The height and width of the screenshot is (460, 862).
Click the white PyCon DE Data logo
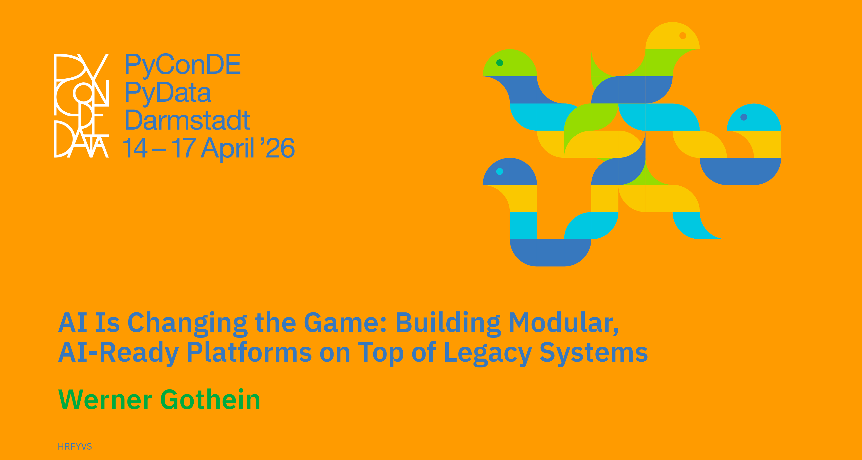point(81,105)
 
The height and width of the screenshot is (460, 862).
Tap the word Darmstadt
point(187,120)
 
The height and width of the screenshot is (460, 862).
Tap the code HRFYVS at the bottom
point(75,446)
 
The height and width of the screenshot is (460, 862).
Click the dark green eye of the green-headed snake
point(500,63)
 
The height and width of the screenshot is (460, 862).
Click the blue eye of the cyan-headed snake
point(744,117)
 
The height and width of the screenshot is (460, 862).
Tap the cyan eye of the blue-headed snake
point(500,171)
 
